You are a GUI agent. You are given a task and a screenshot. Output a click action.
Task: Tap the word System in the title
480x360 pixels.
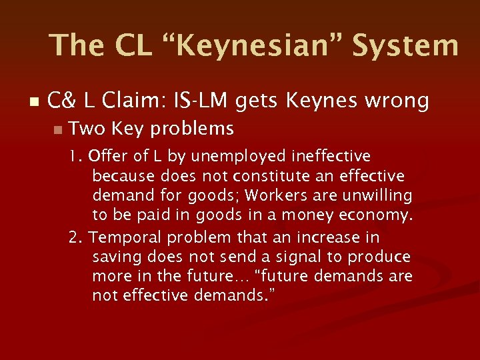coord(405,45)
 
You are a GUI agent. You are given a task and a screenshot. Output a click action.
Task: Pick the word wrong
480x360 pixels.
coord(393,101)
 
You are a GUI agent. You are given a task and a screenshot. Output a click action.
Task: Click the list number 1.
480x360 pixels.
coord(75,157)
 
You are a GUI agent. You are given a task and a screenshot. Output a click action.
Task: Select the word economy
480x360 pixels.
coord(377,216)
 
